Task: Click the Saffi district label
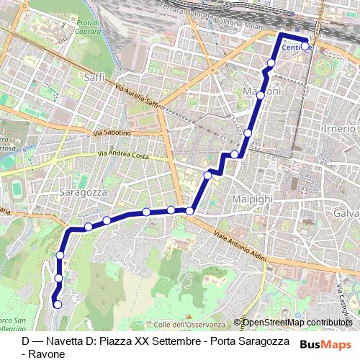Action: click(94, 76)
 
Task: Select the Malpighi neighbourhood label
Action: click(251, 198)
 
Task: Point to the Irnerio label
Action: click(340, 128)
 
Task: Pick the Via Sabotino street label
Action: click(112, 133)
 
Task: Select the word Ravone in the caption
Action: click(45, 354)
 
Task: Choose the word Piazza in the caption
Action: click(119, 341)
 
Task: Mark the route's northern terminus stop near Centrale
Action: click(305, 46)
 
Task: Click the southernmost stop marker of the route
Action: click(57, 305)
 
